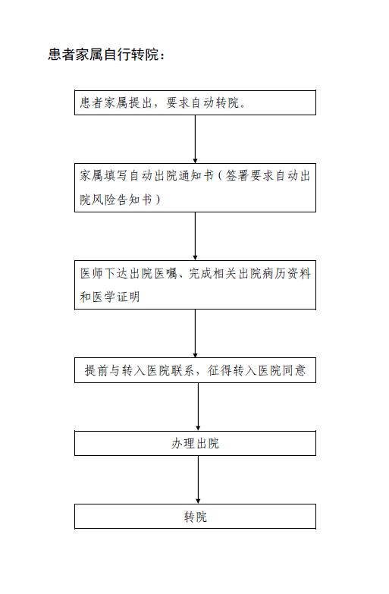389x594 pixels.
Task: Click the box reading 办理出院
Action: [x=195, y=443]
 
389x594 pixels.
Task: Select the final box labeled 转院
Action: [x=195, y=517]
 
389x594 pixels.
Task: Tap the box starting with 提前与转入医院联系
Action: [x=195, y=370]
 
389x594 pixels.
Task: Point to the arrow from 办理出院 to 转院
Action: [x=198, y=479]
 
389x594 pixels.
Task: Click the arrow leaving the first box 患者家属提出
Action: [x=195, y=139]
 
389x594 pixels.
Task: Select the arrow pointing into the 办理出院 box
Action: [x=198, y=407]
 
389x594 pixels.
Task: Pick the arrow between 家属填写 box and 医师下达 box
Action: [x=195, y=236]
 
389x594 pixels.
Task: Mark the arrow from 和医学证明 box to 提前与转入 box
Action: [x=195, y=333]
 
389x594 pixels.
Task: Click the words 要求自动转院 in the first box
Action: [x=202, y=102]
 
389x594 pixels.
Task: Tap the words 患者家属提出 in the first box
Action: [x=116, y=102]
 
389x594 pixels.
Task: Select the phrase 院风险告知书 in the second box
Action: [x=116, y=200]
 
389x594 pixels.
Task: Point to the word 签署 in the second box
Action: [x=237, y=176]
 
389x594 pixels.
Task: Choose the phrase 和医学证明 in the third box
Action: [x=110, y=297]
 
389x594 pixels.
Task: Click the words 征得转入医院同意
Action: [x=256, y=370]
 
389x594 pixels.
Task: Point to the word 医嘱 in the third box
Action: [x=165, y=273]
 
